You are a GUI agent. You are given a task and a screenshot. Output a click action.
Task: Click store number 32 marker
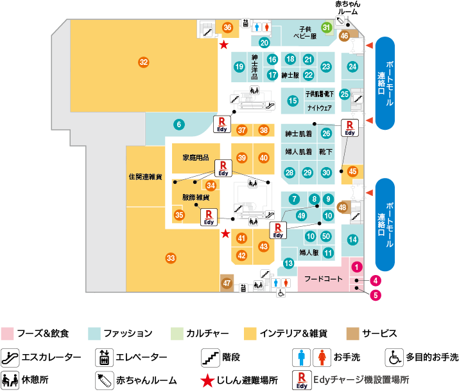143,62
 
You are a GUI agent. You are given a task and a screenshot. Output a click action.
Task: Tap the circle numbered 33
171,258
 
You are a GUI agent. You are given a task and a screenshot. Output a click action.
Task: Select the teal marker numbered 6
179,125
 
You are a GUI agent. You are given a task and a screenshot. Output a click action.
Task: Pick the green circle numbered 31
326,28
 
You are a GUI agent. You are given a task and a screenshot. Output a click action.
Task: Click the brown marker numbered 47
227,283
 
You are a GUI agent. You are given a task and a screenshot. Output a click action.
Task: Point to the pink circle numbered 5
376,295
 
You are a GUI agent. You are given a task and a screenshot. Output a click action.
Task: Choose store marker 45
352,172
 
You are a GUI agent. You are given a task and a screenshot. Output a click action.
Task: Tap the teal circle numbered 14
352,240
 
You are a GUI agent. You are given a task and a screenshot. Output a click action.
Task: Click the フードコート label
323,279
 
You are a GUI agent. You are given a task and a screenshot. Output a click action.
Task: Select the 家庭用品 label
196,157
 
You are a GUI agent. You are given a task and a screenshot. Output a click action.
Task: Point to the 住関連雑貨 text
145,177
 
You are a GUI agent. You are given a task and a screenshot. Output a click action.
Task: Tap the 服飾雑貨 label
196,197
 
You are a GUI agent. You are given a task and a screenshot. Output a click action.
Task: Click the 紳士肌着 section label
299,134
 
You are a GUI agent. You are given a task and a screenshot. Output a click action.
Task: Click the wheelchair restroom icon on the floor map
281,292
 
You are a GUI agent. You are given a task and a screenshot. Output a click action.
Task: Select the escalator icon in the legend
10,358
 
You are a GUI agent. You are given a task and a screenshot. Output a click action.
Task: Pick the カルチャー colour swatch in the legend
177,334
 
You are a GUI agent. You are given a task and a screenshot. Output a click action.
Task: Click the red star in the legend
207,380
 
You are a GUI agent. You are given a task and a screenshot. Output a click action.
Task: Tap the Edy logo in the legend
302,380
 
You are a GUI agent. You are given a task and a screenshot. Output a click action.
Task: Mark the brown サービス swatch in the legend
352,334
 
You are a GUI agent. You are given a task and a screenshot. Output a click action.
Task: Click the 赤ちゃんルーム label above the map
348,8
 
